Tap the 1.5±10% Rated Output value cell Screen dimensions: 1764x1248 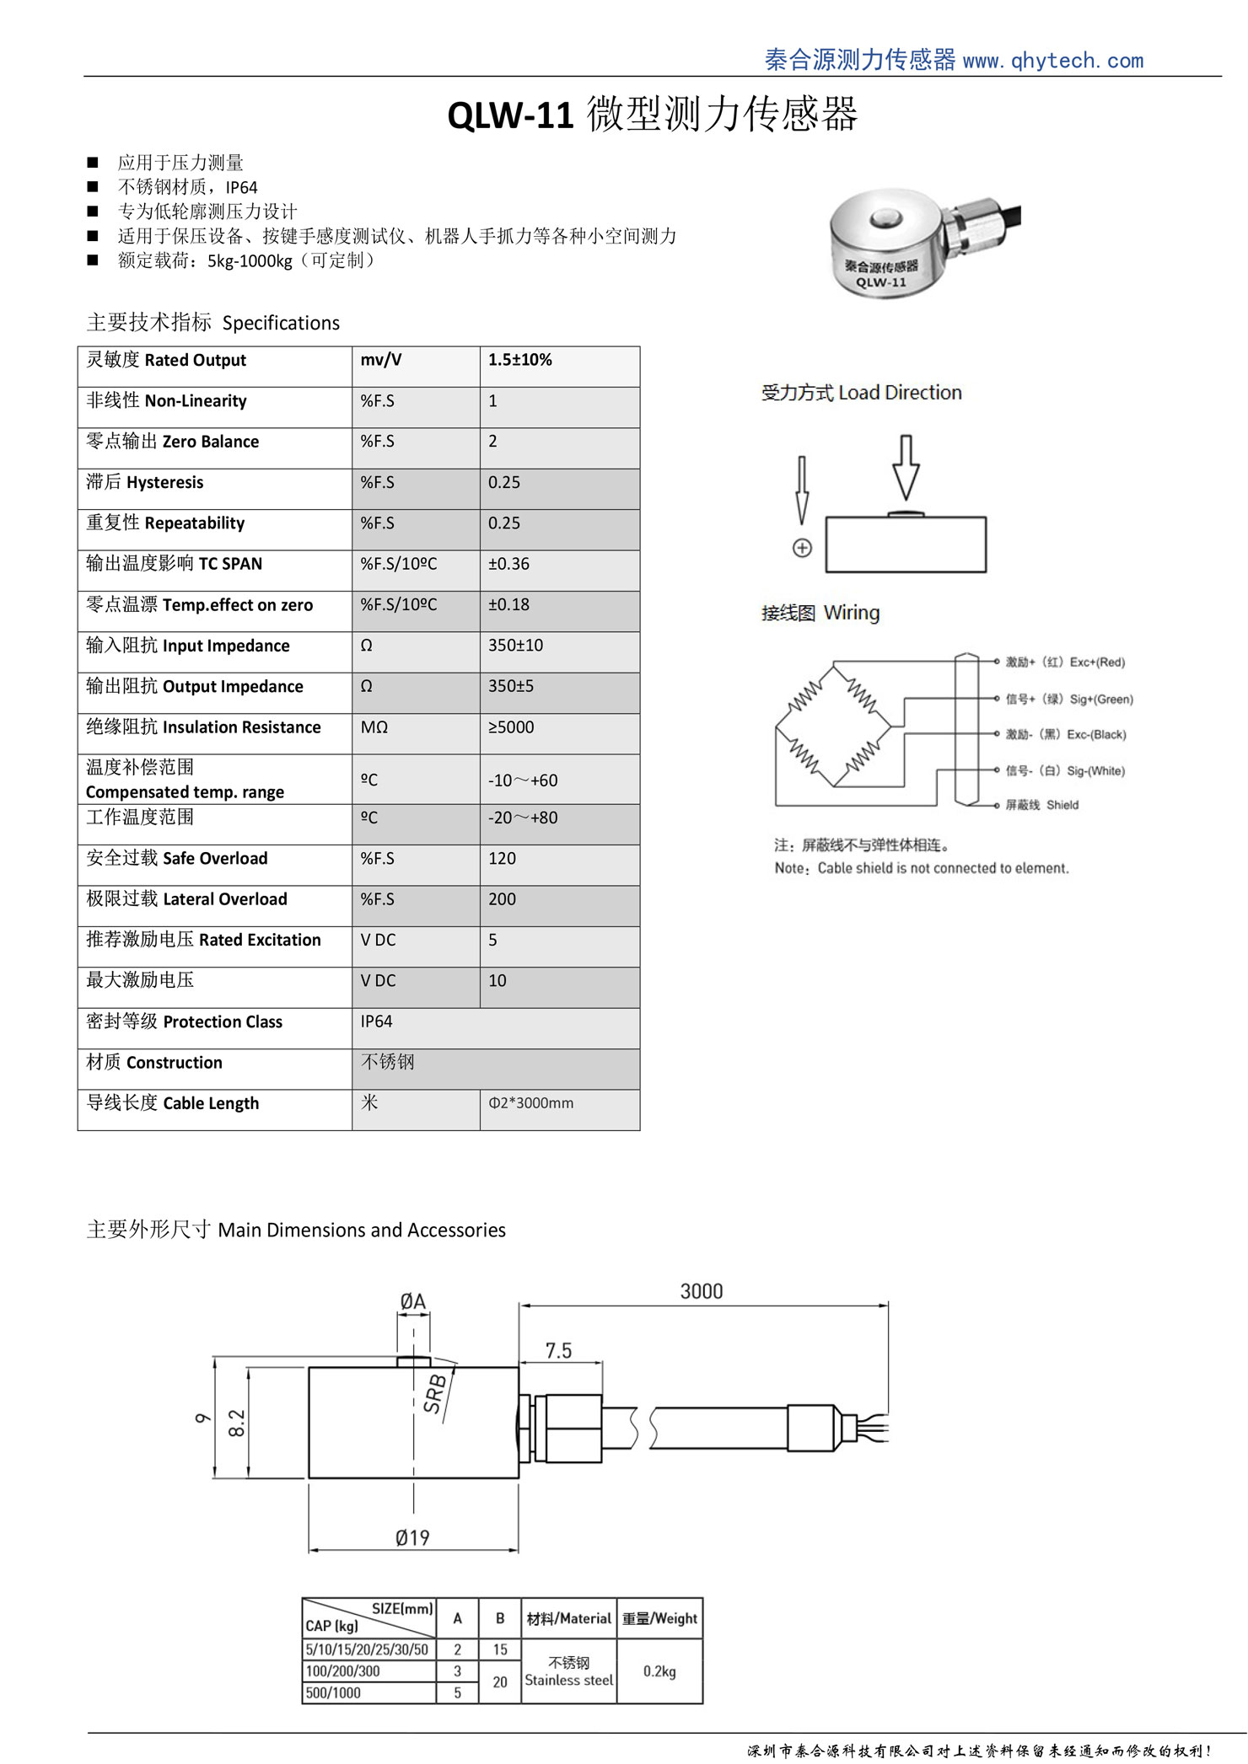(x=520, y=360)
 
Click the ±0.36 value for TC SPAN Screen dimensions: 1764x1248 (x=508, y=564)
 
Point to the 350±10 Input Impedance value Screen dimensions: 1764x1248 (x=515, y=646)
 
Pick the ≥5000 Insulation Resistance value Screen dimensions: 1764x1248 (x=510, y=727)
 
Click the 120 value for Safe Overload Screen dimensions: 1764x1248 (x=502, y=859)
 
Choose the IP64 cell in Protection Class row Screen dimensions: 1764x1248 (x=376, y=1021)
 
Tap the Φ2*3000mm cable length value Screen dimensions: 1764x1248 (x=530, y=1103)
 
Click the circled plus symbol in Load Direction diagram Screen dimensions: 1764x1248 (x=802, y=548)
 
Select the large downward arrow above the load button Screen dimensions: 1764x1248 (x=906, y=467)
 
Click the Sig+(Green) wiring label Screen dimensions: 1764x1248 (x=1068, y=699)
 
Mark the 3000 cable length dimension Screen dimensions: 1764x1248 (x=702, y=1292)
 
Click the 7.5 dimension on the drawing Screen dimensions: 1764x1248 (x=558, y=1351)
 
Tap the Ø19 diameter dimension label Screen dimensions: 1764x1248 (x=412, y=1538)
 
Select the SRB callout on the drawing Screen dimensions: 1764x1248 (x=434, y=1393)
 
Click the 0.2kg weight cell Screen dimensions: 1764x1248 (x=659, y=1671)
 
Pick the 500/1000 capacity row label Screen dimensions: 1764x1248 (x=333, y=1692)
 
